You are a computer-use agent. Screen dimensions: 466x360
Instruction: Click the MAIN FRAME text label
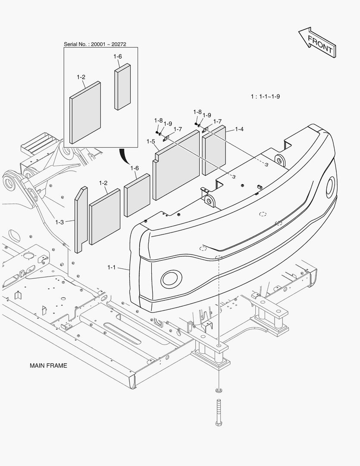[48, 365]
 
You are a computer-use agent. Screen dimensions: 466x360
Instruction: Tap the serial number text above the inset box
[95, 44]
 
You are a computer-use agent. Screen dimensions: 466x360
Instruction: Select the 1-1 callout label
[112, 268]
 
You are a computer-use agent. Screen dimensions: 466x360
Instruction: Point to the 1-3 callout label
[59, 222]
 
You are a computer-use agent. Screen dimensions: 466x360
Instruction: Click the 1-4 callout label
[239, 129]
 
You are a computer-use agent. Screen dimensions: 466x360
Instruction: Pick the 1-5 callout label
[150, 142]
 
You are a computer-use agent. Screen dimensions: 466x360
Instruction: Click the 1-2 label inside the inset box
[81, 77]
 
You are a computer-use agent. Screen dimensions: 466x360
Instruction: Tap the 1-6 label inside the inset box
[118, 57]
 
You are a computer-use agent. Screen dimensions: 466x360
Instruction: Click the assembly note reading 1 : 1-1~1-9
[265, 96]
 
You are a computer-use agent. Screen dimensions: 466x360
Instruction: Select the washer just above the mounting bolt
[219, 391]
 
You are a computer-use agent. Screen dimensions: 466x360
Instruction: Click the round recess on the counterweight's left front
[171, 279]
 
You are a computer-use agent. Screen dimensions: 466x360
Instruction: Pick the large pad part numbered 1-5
[176, 166]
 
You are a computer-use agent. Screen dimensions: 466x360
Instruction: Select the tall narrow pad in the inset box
[122, 87]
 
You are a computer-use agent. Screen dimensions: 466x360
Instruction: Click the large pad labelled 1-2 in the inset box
[85, 112]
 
